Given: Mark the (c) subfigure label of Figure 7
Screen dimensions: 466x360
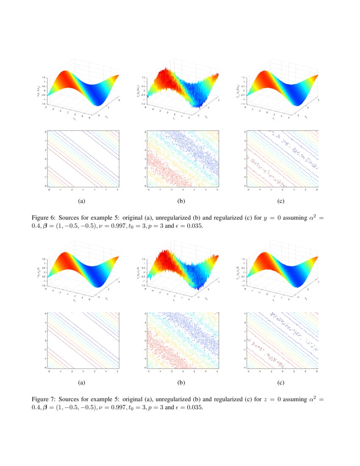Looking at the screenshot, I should (281, 383).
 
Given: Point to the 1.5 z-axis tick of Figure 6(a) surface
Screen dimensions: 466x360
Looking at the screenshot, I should (44, 78).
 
